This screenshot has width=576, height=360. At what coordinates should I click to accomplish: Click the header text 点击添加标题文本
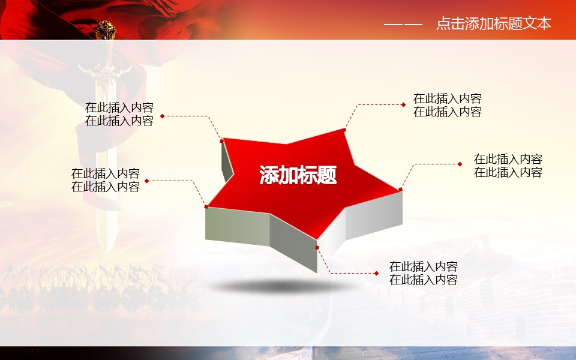pos(494,24)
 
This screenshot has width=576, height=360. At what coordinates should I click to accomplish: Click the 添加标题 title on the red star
pos(298,175)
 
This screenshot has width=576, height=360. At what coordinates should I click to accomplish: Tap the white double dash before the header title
pos(403,25)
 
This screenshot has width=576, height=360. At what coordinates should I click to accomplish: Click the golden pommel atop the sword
pos(104,30)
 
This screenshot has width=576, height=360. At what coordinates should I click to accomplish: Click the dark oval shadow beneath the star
pos(281,286)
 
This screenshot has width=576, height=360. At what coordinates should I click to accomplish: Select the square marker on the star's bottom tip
pos(317,248)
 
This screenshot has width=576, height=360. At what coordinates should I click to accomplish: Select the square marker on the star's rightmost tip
pos(400,190)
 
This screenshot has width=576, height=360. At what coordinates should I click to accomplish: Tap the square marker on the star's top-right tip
pos(344,130)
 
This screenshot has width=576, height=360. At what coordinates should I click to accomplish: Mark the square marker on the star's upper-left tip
pos(221,140)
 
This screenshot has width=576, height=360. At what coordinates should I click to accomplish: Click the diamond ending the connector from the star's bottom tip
pos(377,274)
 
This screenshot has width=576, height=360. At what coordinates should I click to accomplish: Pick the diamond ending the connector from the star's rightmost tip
pos(460,164)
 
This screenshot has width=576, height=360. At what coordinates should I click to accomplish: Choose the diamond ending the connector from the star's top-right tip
pos(403,104)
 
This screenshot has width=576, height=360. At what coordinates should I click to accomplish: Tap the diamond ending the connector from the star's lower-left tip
pos(146,181)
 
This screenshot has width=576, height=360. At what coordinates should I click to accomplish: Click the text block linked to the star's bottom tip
pos(424,273)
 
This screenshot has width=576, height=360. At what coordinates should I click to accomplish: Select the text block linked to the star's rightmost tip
pos(508,166)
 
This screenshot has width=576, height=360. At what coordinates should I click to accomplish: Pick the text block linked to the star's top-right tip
pos(448,105)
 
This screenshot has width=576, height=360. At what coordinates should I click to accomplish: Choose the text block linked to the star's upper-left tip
pos(119,114)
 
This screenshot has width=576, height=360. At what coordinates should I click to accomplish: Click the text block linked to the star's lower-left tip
pos(106,180)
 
